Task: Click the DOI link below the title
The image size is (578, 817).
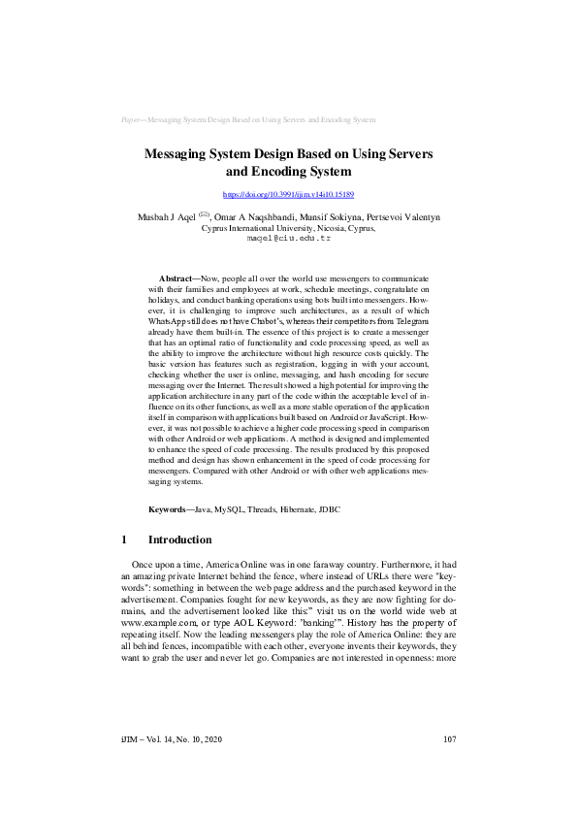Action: click(288, 195)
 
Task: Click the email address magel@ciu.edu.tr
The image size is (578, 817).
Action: click(288, 238)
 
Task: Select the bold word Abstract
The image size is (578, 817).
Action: click(176, 278)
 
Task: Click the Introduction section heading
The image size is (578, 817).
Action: click(178, 539)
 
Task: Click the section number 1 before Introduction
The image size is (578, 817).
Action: click(124, 539)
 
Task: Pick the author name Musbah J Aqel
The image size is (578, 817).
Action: click(166, 218)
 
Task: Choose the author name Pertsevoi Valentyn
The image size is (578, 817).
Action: click(402, 218)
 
